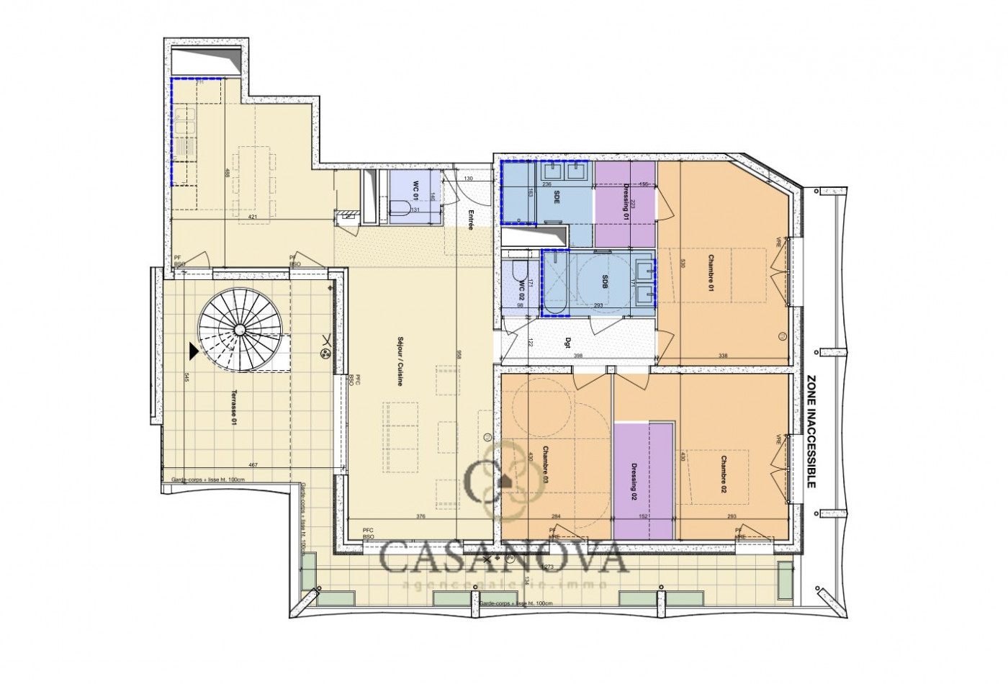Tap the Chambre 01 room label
(710, 273)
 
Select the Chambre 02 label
(722, 474)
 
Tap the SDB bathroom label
(605, 284)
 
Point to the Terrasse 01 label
(233, 408)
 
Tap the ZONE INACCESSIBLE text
(811, 432)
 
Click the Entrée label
(470, 219)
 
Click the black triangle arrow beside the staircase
(193, 351)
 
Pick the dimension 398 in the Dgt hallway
(577, 356)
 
